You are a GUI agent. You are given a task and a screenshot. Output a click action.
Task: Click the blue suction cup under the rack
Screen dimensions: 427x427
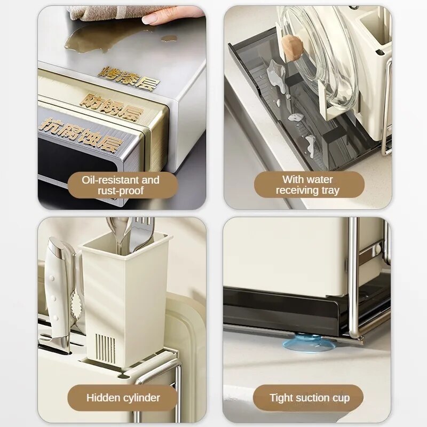pos(309,343)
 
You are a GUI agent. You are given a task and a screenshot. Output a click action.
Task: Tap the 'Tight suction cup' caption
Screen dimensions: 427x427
pos(310,398)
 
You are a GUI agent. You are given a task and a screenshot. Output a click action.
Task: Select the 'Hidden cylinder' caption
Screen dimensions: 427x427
pos(123,398)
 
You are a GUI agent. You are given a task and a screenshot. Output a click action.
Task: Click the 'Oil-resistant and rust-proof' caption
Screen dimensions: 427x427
pos(121,185)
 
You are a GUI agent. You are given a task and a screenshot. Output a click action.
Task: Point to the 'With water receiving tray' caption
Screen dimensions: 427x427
pos(308,185)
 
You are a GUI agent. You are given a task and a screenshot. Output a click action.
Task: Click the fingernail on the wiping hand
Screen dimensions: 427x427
pos(150,19)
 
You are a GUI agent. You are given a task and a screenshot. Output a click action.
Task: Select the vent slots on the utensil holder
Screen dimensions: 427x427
pos(105,348)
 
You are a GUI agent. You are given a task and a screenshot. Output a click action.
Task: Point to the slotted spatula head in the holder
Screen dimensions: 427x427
pos(144,232)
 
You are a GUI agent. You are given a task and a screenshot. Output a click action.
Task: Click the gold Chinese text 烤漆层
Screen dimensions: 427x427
pos(129,77)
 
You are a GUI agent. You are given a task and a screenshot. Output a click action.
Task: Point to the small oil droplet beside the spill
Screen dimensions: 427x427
pos(169,38)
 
